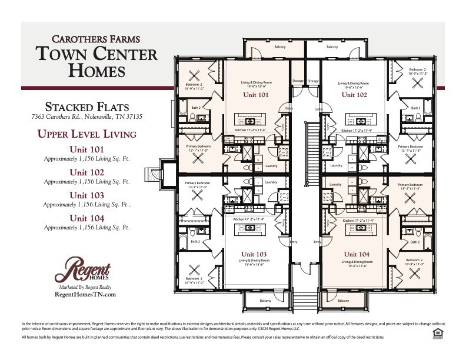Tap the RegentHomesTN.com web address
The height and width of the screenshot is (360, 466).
[85, 294]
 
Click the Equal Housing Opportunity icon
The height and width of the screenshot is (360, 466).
[437, 334]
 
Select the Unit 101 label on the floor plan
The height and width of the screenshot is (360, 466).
[255, 94]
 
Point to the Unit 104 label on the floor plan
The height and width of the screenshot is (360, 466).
[358, 254]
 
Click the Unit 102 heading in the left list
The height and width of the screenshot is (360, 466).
[86, 172]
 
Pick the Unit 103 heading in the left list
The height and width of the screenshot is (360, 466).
[86, 195]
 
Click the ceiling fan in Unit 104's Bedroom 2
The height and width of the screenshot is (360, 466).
[417, 272]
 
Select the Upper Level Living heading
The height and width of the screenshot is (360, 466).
[86, 134]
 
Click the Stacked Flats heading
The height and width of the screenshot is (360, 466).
[86, 106]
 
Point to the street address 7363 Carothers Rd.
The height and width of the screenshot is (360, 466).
[86, 117]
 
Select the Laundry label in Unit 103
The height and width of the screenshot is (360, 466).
[271, 182]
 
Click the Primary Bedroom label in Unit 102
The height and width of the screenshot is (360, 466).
[410, 146]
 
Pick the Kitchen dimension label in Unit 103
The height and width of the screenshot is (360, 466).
[250, 219]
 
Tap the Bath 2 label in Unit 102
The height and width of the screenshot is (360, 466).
[415, 108]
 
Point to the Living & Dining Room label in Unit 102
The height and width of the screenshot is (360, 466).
[353, 84]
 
